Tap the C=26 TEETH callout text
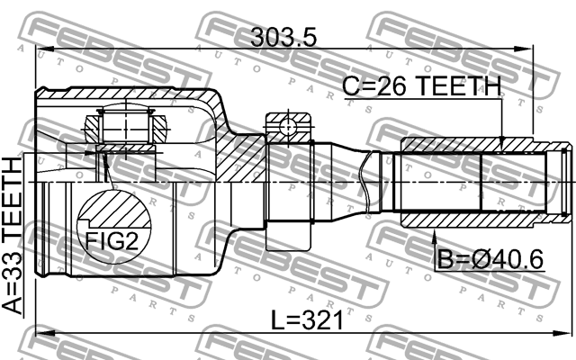pyautogui.click(x=420, y=87)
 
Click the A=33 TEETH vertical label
pyautogui.click(x=13, y=235)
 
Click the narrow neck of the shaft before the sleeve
pyautogui.click(x=370, y=181)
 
